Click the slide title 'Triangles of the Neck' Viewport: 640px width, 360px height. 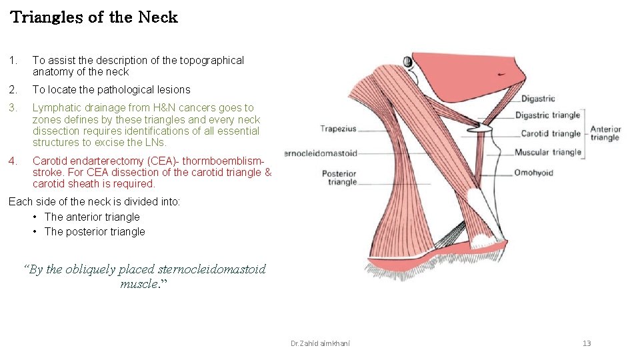click(94, 17)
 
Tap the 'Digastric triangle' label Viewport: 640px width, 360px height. click(547, 115)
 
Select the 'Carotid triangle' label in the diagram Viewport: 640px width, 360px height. click(551, 133)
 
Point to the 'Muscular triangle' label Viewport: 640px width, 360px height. click(547, 152)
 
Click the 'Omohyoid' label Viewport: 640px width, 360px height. click(533, 173)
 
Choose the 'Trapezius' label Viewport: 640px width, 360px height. click(338, 129)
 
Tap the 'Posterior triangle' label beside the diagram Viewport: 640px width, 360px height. click(339, 177)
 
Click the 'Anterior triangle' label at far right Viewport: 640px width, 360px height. click(605, 133)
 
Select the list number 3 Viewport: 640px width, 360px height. click(12, 107)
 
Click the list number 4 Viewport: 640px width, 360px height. click(12, 161)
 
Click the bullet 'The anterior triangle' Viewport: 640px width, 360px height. click(92, 217)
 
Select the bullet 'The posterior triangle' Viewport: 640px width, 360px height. click(94, 231)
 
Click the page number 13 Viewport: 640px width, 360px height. click(587, 343)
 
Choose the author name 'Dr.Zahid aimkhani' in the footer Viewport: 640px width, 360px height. click(320, 343)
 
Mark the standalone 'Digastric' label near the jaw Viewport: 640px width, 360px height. click(537, 99)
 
